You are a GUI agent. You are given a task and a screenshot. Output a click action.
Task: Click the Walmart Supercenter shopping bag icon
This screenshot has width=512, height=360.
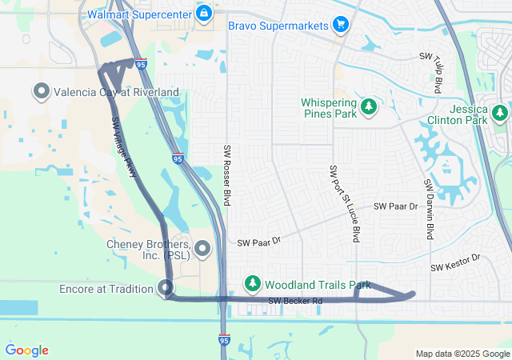pyautogui.click(x=204, y=14)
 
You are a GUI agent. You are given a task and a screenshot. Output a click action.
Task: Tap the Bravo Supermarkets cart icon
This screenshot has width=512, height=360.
pyautogui.click(x=342, y=25)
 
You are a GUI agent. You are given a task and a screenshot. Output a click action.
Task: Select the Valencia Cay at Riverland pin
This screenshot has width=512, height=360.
pyautogui.click(x=42, y=92)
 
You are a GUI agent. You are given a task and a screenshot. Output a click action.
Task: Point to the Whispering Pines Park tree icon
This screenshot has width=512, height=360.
pyautogui.click(x=368, y=106)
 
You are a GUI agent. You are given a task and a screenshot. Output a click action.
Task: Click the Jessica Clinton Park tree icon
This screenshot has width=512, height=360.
pyautogui.click(x=500, y=114)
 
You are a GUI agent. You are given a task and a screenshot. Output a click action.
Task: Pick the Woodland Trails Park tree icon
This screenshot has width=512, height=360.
pyautogui.click(x=253, y=284)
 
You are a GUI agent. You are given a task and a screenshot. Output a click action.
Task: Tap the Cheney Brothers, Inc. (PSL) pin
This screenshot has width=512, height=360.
pyautogui.click(x=202, y=250)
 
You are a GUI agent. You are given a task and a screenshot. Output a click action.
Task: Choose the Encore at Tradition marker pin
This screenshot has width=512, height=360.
pyautogui.click(x=166, y=288)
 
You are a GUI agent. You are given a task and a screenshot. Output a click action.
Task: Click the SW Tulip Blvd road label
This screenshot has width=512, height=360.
pyautogui.click(x=431, y=73)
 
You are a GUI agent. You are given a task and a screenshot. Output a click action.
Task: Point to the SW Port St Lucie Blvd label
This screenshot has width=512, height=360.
pyautogui.click(x=345, y=204)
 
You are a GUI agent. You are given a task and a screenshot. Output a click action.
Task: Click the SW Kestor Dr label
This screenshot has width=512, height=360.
pyautogui.click(x=454, y=262)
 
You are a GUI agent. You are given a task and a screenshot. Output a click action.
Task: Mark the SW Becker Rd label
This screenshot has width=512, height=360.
pyautogui.click(x=294, y=302)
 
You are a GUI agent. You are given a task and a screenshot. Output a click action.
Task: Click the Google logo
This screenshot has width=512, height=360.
pyautogui.click(x=26, y=350)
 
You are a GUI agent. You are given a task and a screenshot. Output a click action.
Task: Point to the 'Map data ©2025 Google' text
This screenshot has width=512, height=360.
pyautogui.click(x=462, y=354)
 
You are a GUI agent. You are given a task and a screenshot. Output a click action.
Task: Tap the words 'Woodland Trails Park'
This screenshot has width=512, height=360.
pyautogui.click(x=318, y=284)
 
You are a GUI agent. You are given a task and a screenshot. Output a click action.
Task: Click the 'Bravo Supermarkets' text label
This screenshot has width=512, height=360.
pyautogui.click(x=279, y=26)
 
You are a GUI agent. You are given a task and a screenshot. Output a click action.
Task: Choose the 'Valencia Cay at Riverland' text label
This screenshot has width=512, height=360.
pyautogui.click(x=116, y=92)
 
